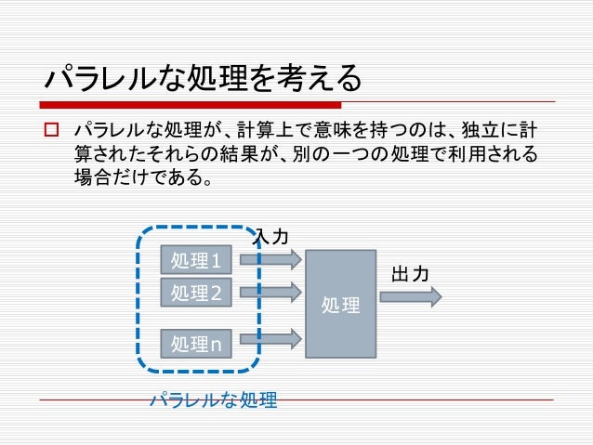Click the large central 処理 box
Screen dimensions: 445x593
pos(341,304)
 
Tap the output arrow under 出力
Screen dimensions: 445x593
pos(410,296)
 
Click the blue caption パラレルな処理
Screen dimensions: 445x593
pos(214,401)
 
